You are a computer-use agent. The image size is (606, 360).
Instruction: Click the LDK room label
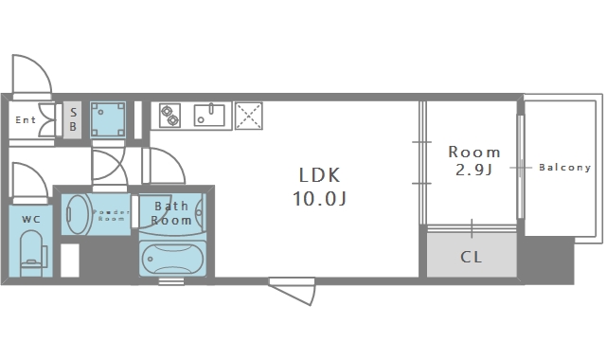(320, 175)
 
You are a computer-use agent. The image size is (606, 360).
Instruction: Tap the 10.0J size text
(320, 199)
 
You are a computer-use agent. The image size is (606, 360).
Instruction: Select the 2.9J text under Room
(473, 170)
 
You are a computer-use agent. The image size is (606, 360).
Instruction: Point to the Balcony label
(564, 168)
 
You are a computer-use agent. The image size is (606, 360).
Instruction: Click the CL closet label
(472, 257)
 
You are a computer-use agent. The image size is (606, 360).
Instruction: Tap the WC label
(31, 220)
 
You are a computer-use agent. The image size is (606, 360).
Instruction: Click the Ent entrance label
(26, 120)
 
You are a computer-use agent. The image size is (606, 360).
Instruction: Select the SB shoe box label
(73, 119)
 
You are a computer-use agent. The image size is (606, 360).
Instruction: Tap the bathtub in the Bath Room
(172, 259)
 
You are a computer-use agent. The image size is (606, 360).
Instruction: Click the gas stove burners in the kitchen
(170, 116)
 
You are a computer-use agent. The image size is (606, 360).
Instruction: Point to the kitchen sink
(209, 115)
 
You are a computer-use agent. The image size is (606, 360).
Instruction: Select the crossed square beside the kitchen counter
(248, 116)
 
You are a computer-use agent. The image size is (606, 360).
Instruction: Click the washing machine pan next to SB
(108, 119)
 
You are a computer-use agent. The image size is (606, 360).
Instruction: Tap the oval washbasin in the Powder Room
(77, 214)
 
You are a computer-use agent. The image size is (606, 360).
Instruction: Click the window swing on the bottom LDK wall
(293, 293)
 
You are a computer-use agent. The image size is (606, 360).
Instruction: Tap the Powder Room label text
(112, 215)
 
